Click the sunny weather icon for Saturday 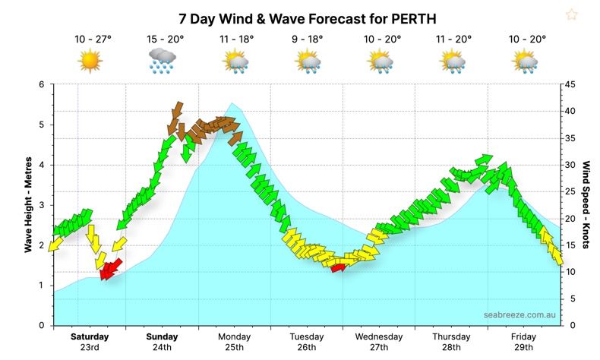[x=90, y=59]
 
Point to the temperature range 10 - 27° [x=90, y=38]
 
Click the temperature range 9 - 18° [x=308, y=38]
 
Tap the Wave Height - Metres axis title [x=27, y=204]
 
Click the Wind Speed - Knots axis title [x=586, y=204]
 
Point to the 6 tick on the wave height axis [x=43, y=85]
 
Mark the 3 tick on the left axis [x=43, y=205]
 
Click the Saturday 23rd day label [x=90, y=342]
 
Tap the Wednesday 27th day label [x=378, y=342]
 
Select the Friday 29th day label [x=524, y=342]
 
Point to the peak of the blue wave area [x=232, y=104]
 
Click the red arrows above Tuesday [x=338, y=265]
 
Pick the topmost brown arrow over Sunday [x=178, y=109]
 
